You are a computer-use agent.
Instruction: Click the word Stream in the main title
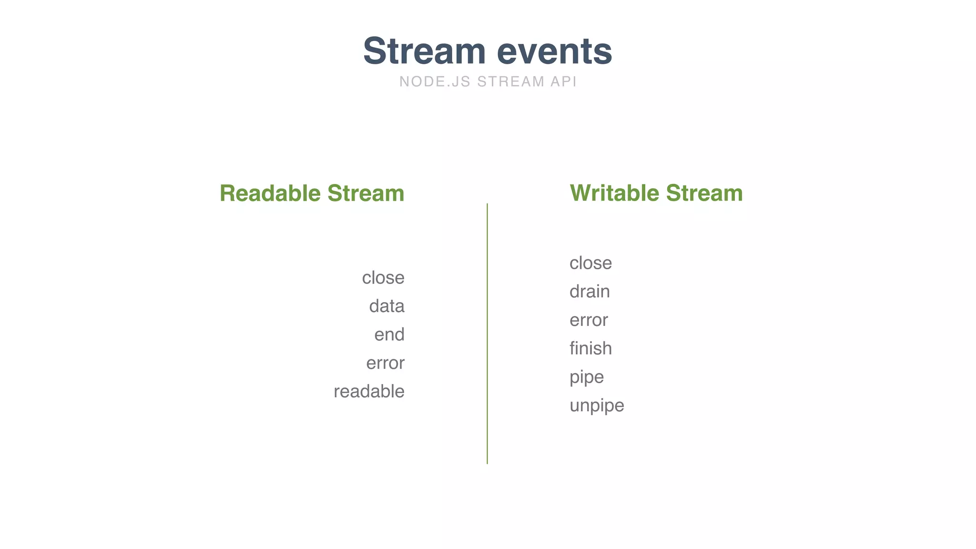(x=424, y=51)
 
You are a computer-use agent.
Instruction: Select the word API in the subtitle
(x=563, y=81)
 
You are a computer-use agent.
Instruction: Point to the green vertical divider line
(x=487, y=334)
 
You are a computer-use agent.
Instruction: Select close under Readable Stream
(x=383, y=278)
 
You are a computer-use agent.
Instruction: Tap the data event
(x=386, y=306)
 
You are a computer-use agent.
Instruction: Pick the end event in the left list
(x=389, y=335)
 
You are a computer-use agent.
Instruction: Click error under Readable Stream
(x=385, y=363)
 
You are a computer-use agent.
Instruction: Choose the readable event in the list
(x=369, y=391)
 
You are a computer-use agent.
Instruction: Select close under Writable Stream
(x=590, y=263)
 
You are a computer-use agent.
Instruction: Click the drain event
(x=590, y=292)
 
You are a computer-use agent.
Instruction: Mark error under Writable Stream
(x=589, y=320)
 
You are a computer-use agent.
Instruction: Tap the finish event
(x=590, y=348)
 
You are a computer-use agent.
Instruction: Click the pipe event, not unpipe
(x=587, y=377)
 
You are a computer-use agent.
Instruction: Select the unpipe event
(x=597, y=406)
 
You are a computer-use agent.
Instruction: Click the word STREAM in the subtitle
(x=510, y=81)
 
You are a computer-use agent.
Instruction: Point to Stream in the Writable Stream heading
(x=704, y=193)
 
